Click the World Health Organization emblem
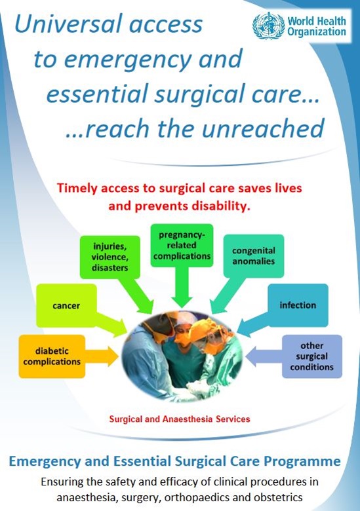269,26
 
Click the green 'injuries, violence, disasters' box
110,256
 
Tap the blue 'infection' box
298,305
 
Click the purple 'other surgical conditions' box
312,356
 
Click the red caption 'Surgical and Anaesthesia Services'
182,417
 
